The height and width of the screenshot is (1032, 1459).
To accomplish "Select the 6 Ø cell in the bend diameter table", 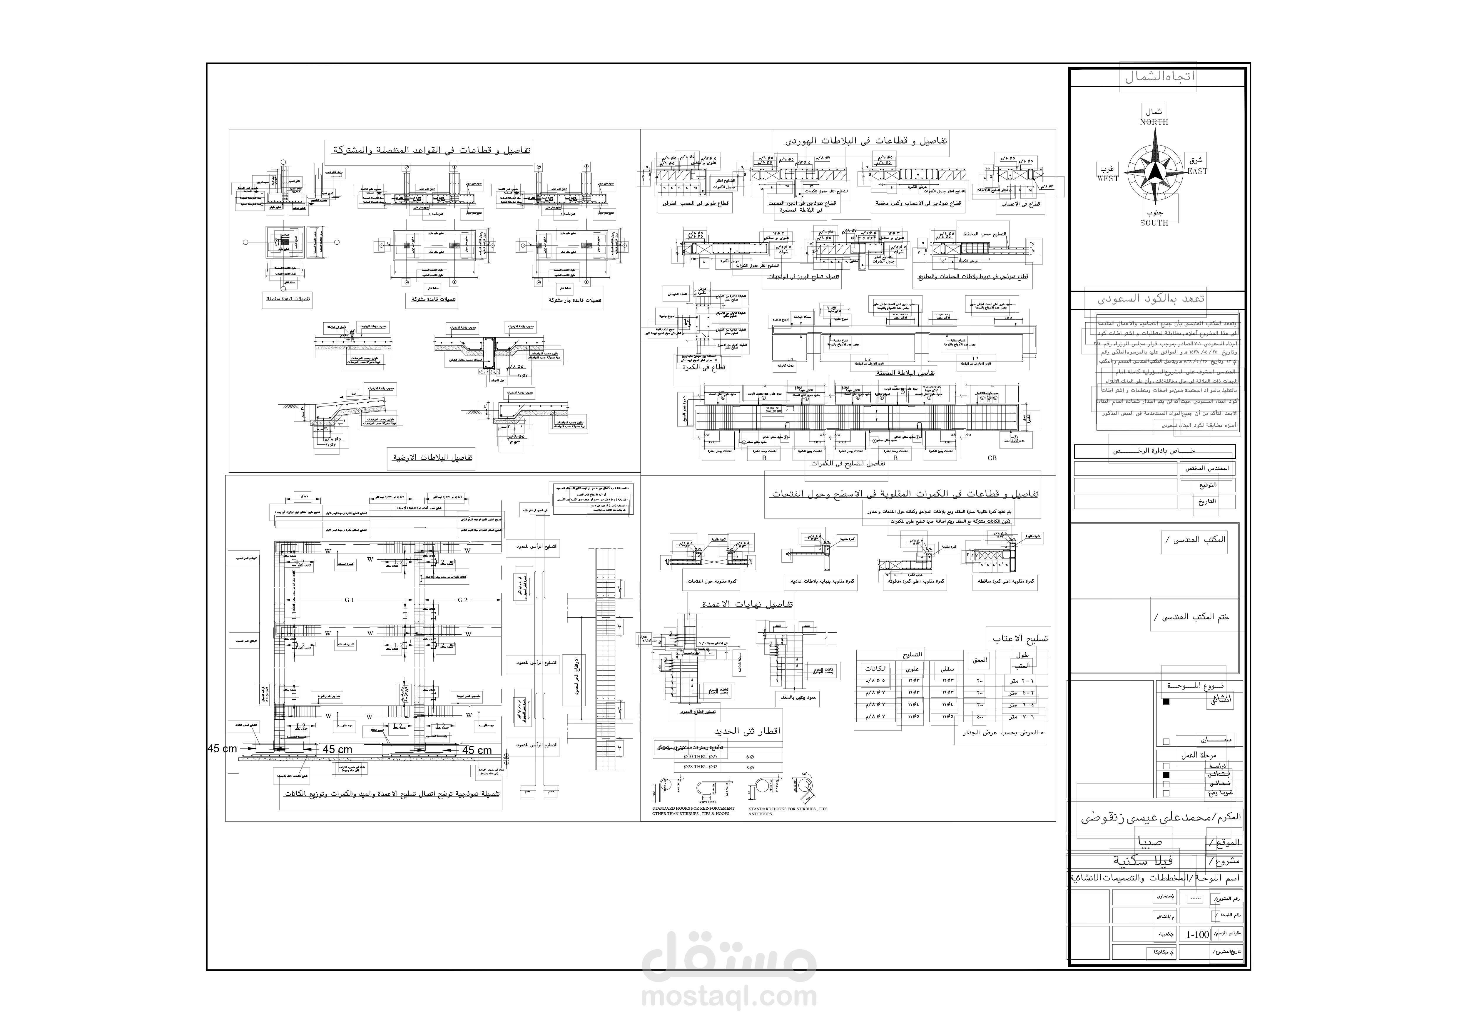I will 750,757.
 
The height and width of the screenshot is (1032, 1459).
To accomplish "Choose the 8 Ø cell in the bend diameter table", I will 750,768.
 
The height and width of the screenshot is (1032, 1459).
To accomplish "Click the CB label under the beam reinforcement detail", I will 992,458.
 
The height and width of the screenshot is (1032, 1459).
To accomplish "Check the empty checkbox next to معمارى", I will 1165,741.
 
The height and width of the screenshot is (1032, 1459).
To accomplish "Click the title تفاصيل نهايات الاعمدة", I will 747,605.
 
